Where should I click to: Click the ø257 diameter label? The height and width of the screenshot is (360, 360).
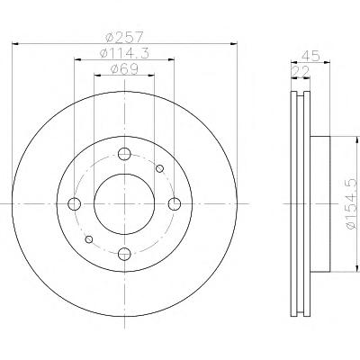125,37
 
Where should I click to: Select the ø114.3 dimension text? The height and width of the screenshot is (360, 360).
124,53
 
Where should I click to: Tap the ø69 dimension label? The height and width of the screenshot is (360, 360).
124,69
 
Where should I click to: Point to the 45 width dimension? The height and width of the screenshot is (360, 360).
311,56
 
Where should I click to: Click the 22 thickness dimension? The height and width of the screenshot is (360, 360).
301,72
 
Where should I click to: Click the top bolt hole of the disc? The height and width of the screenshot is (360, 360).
124,154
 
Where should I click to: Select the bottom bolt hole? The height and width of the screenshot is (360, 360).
124,255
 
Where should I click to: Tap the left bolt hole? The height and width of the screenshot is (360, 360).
75,204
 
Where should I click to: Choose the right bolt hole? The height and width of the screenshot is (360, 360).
175,204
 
